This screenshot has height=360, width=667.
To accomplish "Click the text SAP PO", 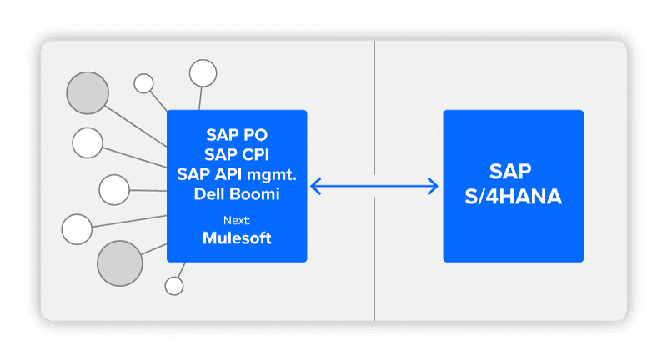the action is tap(237, 135).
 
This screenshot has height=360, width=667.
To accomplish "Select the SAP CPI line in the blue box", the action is tap(237, 154).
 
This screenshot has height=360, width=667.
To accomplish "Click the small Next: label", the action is tap(237, 220).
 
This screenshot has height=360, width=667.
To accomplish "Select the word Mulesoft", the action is tap(237, 238).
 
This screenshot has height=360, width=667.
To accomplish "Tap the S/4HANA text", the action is tap(513, 197).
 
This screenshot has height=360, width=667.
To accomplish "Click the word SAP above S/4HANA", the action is tap(510, 172).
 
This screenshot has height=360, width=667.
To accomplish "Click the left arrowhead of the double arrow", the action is tap(315, 186).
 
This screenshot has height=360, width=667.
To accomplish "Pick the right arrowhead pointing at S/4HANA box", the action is tap(433, 186).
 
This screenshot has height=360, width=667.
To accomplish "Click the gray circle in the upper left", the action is tap(88, 93).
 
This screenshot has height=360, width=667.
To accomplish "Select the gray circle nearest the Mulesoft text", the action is tap(120, 263).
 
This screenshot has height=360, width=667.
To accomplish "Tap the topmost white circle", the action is tap(203, 73).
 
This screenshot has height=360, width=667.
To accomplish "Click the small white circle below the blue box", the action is tap(174, 286).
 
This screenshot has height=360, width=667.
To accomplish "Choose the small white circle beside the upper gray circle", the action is tap(143, 83).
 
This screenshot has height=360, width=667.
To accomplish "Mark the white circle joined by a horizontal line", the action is tap(114, 189).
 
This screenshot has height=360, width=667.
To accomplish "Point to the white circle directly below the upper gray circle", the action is tap(88, 142).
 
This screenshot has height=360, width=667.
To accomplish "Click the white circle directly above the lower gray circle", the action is tap(77, 229).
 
